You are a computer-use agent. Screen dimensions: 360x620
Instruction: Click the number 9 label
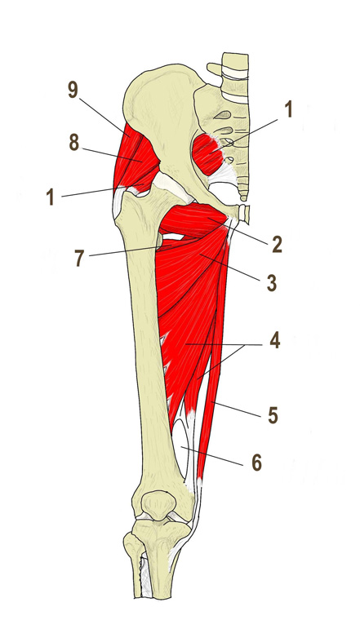click(x=73, y=91)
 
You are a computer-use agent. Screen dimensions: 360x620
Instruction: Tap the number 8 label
click(x=74, y=142)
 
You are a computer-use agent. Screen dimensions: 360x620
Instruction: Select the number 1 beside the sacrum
click(x=288, y=109)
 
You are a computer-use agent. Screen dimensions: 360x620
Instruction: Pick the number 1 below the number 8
click(x=51, y=197)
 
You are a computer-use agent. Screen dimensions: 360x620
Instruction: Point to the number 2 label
click(x=277, y=245)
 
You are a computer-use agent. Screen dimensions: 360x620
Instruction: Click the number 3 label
click(x=271, y=283)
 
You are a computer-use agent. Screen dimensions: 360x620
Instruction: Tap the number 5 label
click(x=273, y=415)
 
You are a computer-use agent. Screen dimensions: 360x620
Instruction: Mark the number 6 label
click(x=257, y=463)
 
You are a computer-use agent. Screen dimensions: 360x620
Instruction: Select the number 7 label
click(x=80, y=259)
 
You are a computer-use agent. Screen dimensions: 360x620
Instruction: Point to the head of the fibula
click(x=132, y=543)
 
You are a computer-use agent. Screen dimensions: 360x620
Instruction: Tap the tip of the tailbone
click(x=244, y=197)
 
